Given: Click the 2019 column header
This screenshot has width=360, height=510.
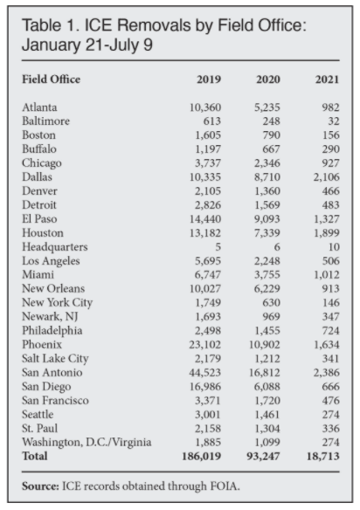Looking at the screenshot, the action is [x=209, y=79].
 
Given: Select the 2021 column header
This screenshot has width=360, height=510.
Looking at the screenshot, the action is [x=327, y=79].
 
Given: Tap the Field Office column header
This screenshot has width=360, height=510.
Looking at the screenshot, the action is [x=51, y=79].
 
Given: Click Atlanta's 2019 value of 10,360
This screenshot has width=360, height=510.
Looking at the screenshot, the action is [x=205, y=107].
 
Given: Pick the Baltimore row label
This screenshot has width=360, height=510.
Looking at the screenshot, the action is [x=46, y=121].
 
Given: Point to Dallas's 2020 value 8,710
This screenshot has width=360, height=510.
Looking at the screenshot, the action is [x=267, y=177].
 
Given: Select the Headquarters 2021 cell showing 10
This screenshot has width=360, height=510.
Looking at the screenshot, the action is [x=334, y=247].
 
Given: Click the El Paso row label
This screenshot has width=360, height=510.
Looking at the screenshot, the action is [x=39, y=219].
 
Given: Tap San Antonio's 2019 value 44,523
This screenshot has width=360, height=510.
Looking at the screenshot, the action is [x=205, y=372].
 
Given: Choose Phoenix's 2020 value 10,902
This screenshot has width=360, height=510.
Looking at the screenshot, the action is [x=264, y=344].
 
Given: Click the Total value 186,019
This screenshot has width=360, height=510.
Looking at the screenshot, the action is [x=202, y=456].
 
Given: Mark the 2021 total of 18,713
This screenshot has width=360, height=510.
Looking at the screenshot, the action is [x=323, y=456].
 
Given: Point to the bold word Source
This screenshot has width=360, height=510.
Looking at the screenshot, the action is [x=41, y=486].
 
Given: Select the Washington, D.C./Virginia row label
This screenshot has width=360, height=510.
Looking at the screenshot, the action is [x=87, y=443].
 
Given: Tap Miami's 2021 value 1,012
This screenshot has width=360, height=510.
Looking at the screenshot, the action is [x=327, y=275].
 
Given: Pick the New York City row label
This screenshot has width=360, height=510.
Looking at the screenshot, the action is [x=58, y=303].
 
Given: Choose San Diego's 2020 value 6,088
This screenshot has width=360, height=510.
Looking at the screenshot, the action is [x=267, y=386].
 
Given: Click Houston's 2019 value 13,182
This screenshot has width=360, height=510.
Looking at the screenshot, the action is [x=205, y=233].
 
